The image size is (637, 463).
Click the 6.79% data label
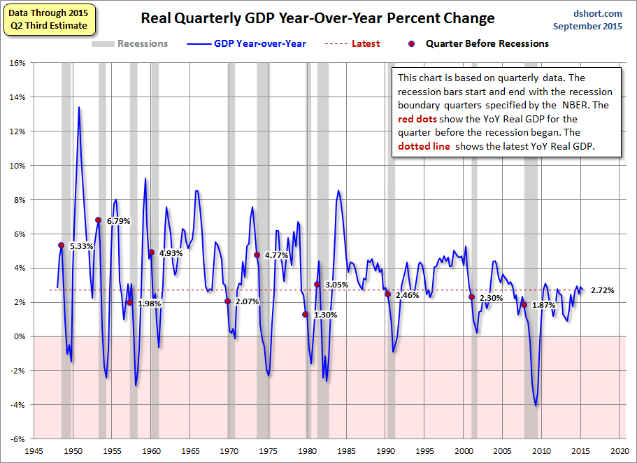(x=118, y=221)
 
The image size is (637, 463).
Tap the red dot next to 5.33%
(x=62, y=245)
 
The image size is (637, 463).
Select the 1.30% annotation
(x=326, y=315)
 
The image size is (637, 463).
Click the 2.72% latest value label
(x=602, y=290)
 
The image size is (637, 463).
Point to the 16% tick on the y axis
(x=17, y=63)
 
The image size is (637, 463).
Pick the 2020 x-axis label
(x=619, y=451)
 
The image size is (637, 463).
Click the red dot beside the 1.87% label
(x=524, y=304)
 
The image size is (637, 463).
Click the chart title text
(x=317, y=18)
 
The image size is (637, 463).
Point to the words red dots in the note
(x=417, y=119)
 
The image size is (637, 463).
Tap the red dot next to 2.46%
(x=387, y=294)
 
